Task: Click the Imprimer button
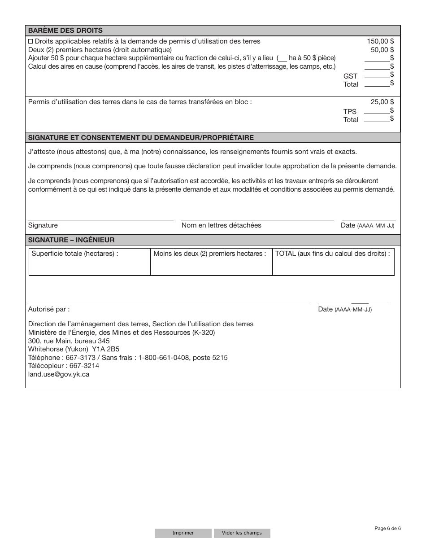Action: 183,533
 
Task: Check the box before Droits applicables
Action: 31,41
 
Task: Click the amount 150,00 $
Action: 380,41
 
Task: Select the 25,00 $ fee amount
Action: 382,102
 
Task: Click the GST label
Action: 350,76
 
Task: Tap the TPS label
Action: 350,112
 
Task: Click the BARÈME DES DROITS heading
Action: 65,31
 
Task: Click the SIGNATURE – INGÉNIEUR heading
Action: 71,240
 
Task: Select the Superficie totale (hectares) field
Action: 90,262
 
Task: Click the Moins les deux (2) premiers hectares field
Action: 212,262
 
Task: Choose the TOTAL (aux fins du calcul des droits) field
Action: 333,262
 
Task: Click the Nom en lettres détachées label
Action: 221,225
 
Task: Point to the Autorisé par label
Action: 49,309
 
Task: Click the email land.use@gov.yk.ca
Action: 59,374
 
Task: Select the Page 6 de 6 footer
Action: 387,528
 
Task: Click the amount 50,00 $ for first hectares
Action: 382,50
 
